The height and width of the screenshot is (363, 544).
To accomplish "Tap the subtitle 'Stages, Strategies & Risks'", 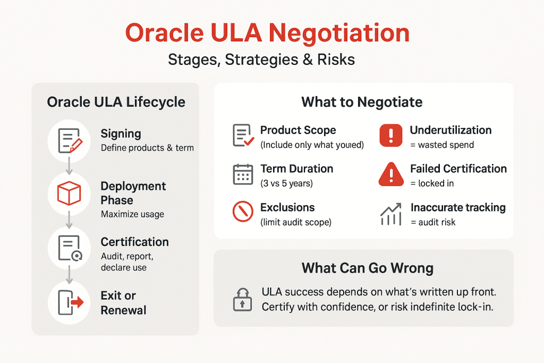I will pyautogui.click(x=261, y=60).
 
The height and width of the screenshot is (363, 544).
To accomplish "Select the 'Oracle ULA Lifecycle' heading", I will pyautogui.click(x=116, y=102).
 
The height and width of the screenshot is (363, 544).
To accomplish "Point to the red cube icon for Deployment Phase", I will pyautogui.click(x=68, y=193).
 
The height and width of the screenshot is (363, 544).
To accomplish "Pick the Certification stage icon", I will pyautogui.click(x=68, y=248).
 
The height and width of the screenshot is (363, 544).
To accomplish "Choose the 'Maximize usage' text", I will pyautogui.click(x=132, y=214).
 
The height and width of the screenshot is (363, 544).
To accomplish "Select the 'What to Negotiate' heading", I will pyautogui.click(x=362, y=102).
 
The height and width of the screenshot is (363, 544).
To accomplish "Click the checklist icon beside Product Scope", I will pyautogui.click(x=243, y=136).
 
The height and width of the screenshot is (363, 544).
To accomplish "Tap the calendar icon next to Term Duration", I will pyautogui.click(x=243, y=175).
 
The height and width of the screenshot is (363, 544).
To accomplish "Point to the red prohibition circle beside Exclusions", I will pyautogui.click(x=243, y=213).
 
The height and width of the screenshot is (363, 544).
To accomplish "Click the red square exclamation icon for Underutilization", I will pyautogui.click(x=391, y=136).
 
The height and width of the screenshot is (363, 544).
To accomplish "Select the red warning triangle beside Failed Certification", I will pyautogui.click(x=391, y=175).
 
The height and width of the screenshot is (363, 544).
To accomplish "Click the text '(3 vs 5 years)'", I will pyautogui.click(x=286, y=184).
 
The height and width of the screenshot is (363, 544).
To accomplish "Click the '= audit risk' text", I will pyautogui.click(x=432, y=222).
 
